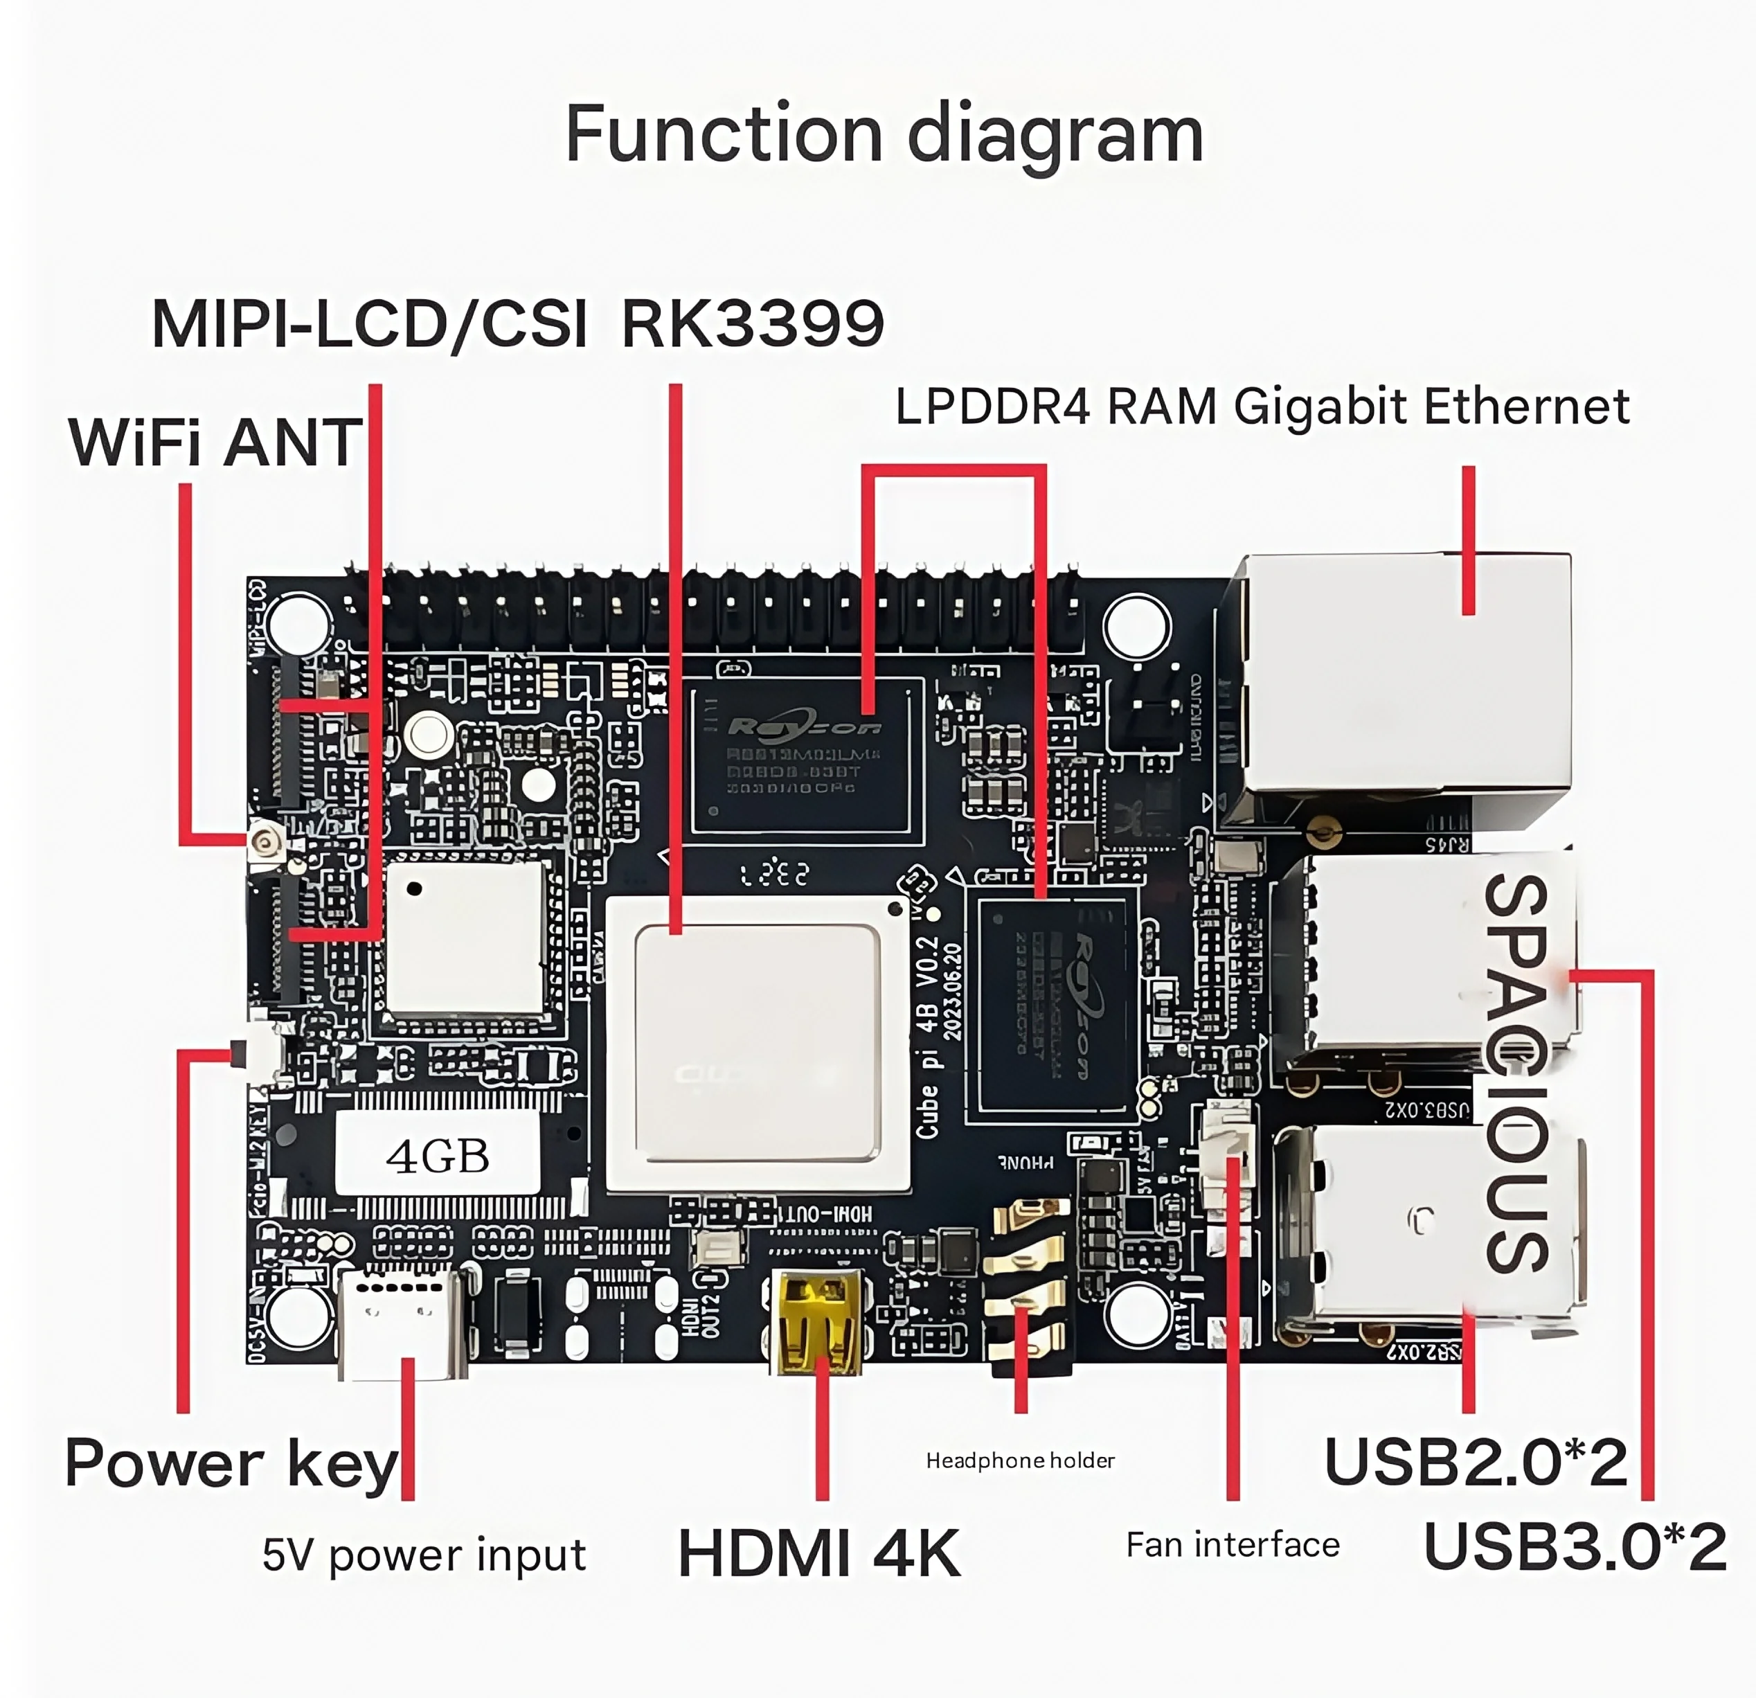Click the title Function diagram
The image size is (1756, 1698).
[x=884, y=134]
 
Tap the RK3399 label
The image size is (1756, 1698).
[x=753, y=323]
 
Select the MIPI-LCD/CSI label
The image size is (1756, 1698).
[x=369, y=323]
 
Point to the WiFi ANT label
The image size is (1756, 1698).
[x=215, y=443]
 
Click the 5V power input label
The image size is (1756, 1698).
[x=424, y=1555]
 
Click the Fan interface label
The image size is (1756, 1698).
[x=1233, y=1546]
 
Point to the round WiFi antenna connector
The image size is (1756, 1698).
[x=266, y=841]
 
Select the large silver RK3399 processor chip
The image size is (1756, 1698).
[x=757, y=1043]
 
